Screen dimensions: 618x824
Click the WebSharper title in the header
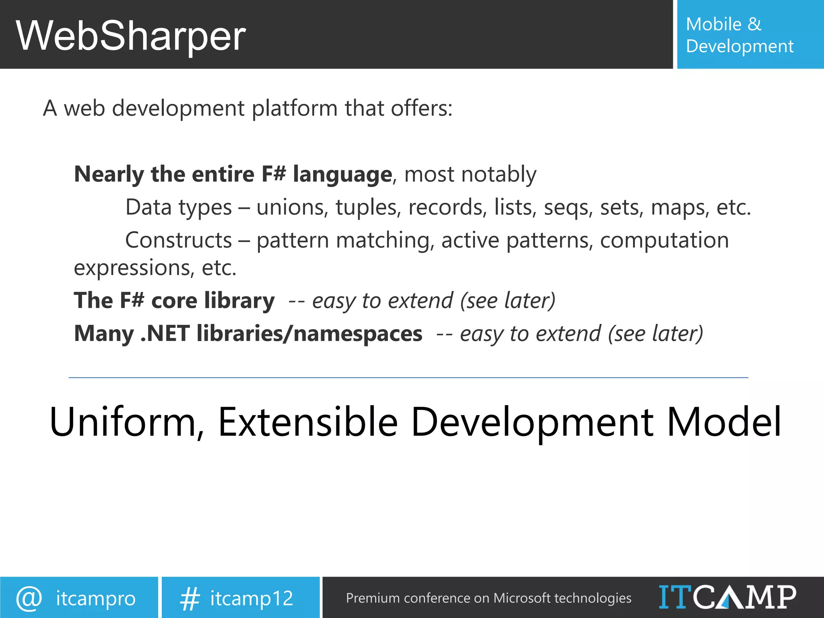pyautogui.click(x=131, y=36)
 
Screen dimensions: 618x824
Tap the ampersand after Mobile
pyautogui.click(x=754, y=24)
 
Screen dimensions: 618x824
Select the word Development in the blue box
pyautogui.click(x=740, y=46)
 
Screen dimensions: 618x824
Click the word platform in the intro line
pyautogui.click(x=295, y=109)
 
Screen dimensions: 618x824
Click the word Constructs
pyautogui.click(x=178, y=240)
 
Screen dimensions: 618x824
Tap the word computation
pyautogui.click(x=664, y=240)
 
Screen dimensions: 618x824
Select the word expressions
pyautogui.click(x=132, y=268)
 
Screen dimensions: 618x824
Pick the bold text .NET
pyautogui.click(x=165, y=334)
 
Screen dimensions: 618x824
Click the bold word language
pyautogui.click(x=342, y=175)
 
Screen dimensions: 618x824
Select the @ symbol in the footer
pyautogui.click(x=29, y=598)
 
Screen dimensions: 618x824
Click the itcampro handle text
pyautogui.click(x=96, y=599)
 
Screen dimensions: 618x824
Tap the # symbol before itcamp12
pyautogui.click(x=190, y=599)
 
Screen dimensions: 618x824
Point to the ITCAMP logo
pyautogui.click(x=727, y=597)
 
